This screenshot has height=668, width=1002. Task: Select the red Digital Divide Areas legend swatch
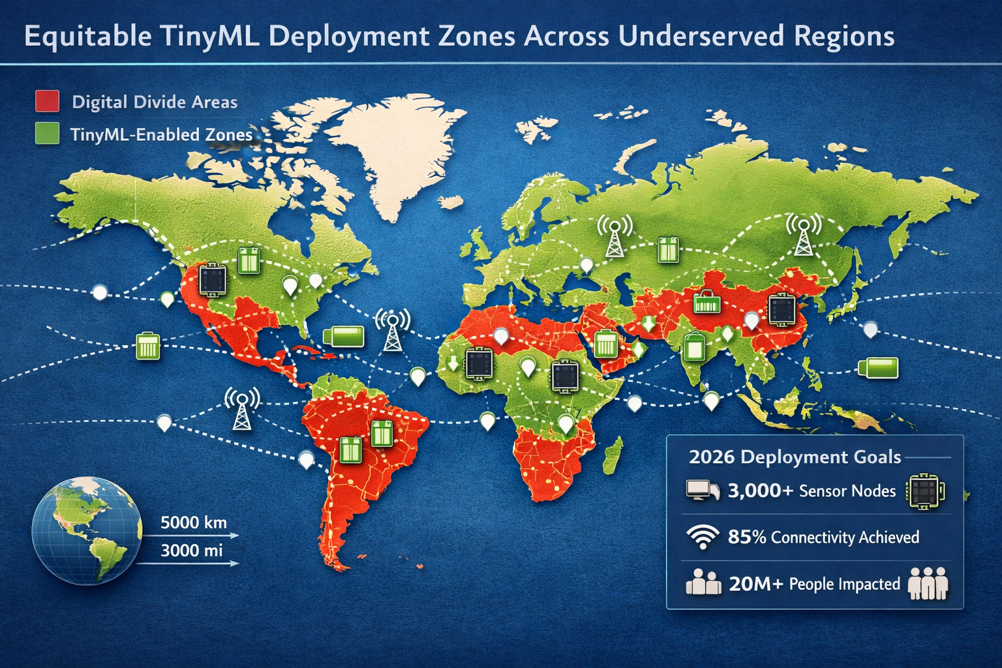[x=47, y=101]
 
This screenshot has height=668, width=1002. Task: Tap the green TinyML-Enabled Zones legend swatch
[x=47, y=134]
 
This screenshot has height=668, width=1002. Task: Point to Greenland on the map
[x=391, y=157]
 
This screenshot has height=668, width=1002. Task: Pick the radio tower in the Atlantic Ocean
[x=392, y=329]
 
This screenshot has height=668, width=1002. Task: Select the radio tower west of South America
[x=242, y=409]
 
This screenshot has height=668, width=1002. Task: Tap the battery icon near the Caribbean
[x=344, y=337]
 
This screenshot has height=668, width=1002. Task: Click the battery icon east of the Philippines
[x=878, y=367]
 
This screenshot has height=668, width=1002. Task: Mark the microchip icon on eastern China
[x=781, y=309]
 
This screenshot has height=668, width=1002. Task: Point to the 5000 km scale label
[x=193, y=523]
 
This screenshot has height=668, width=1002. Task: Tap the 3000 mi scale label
[x=192, y=551]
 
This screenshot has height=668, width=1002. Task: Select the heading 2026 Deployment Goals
[x=795, y=457]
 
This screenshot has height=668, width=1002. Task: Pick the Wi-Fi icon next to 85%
[x=703, y=537]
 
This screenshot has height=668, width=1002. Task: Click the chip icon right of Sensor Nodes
[x=925, y=491]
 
